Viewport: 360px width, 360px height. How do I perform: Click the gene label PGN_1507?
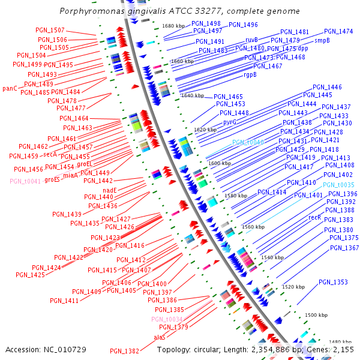click(x=50, y=30)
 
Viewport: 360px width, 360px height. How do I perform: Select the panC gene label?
click(x=10, y=88)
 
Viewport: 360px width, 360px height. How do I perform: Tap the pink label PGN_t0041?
click(x=25, y=181)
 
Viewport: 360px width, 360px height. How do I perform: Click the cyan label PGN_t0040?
click(x=248, y=142)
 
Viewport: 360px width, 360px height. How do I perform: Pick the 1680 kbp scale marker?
click(x=173, y=26)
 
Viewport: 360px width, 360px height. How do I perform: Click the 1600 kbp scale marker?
click(x=219, y=163)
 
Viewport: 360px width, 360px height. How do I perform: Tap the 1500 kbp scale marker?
click(x=316, y=315)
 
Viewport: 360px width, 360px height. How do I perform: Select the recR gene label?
click(x=314, y=217)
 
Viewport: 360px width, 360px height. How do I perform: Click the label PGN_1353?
click(x=333, y=282)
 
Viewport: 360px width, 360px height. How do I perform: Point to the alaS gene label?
click(x=160, y=337)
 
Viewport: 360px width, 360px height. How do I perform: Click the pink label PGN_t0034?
click(x=167, y=319)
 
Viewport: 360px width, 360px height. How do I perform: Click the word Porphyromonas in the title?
click(x=89, y=11)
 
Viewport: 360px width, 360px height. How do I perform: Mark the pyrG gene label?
click(x=229, y=122)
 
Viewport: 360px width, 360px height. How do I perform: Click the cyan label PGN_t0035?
click(x=338, y=185)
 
